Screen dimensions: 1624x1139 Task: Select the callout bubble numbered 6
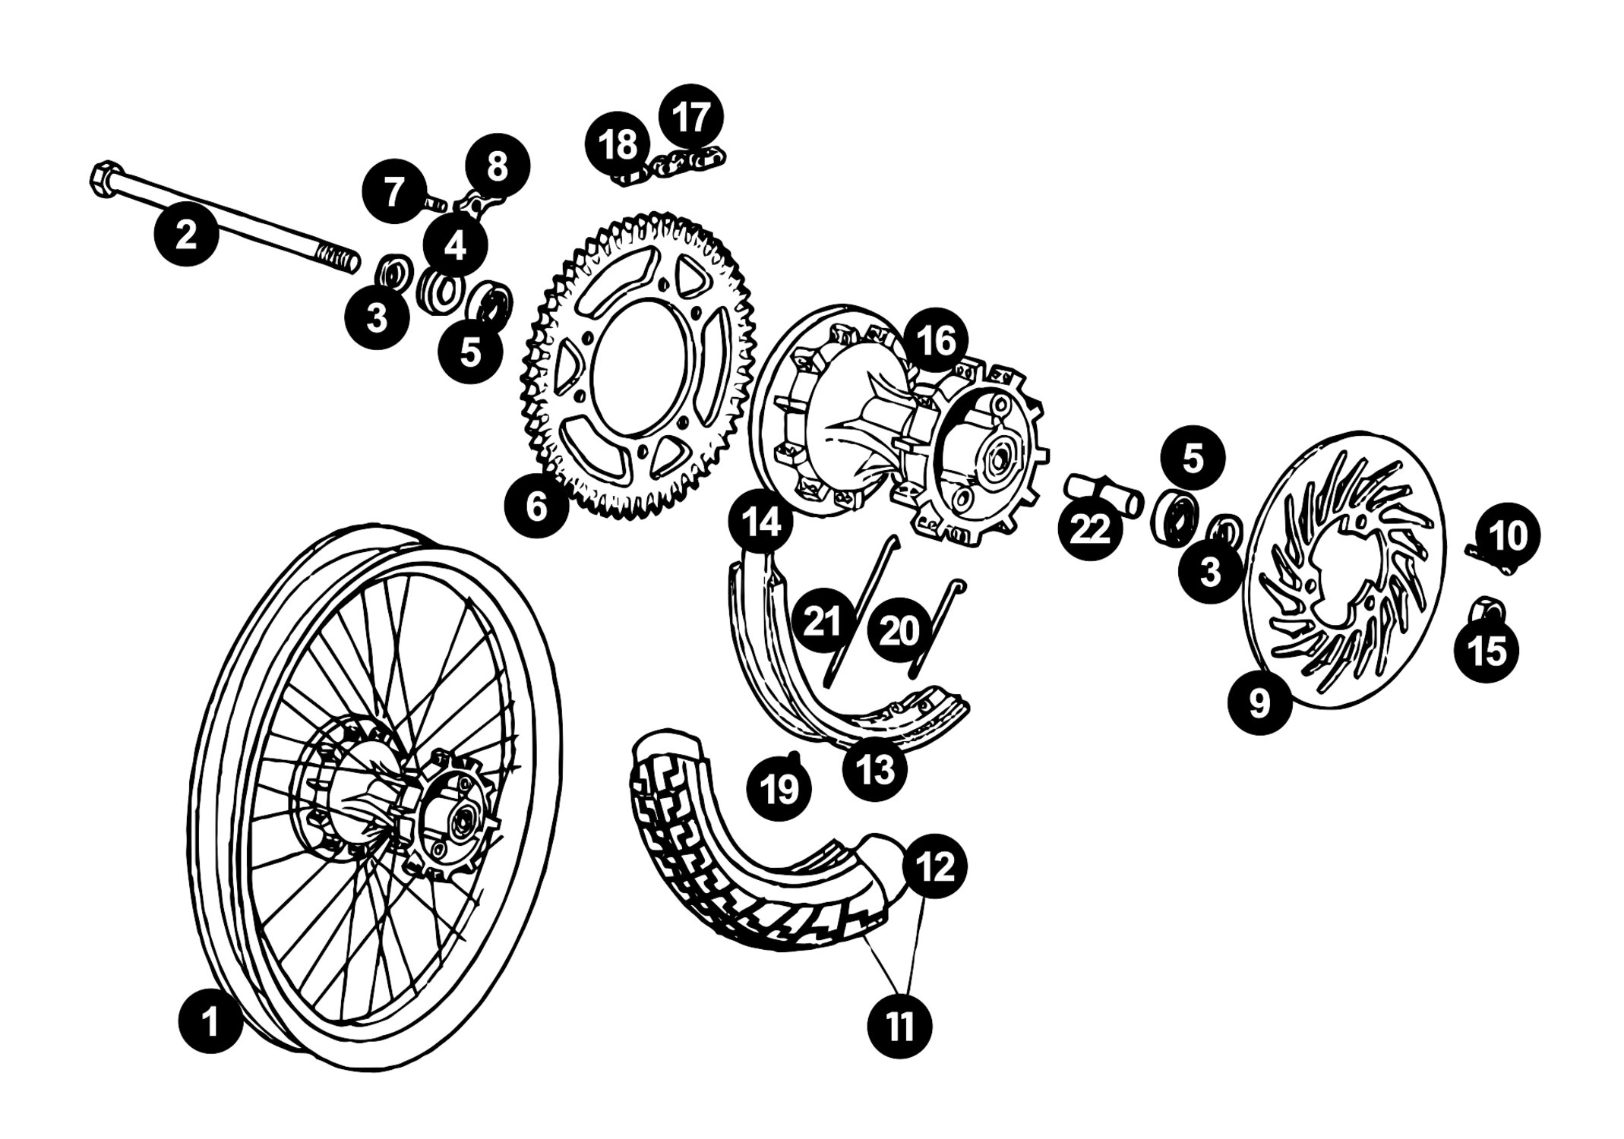pos(536,505)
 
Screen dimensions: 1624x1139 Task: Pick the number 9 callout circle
pos(1259,702)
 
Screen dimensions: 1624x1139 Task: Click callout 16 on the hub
pos(937,340)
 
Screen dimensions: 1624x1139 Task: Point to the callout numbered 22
pos(1090,528)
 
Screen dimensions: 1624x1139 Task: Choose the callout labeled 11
pos(900,1027)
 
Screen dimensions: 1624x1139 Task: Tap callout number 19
pos(779,788)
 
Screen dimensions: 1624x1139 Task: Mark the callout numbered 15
pos(1487,650)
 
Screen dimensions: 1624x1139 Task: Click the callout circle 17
pos(690,116)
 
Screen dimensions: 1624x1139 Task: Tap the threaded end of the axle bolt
pos(340,258)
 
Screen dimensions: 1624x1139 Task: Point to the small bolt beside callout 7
pos(435,203)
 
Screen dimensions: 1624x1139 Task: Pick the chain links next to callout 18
pos(672,168)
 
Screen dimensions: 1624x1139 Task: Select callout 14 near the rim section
pos(760,522)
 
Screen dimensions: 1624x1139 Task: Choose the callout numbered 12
pos(935,865)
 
